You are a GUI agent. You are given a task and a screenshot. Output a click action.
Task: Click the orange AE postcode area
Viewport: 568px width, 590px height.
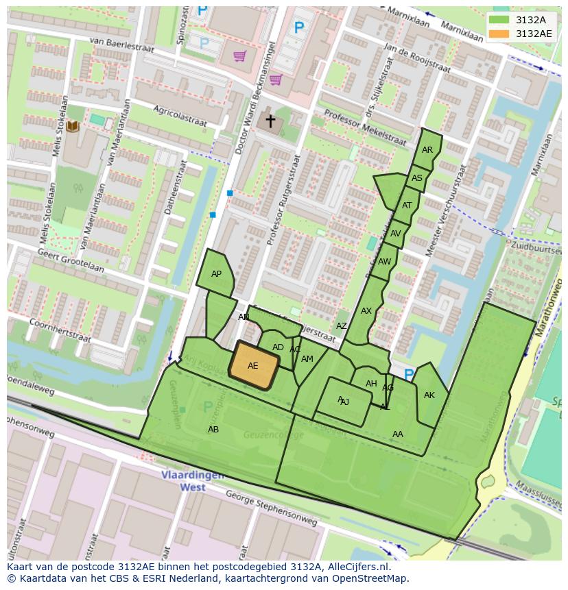coord(253,365)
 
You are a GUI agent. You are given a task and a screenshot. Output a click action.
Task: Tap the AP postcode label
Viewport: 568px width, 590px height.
coord(216,274)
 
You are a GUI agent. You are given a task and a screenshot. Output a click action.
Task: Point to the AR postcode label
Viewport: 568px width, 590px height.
coord(427,150)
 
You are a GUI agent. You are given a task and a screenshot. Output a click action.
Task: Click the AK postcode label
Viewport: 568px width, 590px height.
coord(429,395)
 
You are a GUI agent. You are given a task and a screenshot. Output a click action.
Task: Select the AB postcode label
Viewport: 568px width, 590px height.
coord(213,430)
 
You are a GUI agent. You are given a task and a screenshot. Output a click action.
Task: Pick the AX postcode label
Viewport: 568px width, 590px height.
coord(366,311)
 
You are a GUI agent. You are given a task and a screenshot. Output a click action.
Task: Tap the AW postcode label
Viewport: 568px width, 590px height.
coord(385,262)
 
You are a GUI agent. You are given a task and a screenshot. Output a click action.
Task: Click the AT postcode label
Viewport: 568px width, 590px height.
coord(407,206)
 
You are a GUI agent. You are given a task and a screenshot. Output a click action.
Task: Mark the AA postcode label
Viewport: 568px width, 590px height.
coord(398,434)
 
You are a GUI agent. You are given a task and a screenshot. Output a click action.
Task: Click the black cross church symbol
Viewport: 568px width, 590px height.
coord(270,121)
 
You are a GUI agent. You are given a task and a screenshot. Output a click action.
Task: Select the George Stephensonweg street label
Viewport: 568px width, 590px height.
coord(270,511)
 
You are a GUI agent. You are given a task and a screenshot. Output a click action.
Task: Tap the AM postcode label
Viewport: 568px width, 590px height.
coord(307,359)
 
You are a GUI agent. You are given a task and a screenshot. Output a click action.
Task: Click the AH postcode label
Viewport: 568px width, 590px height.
coord(371,384)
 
